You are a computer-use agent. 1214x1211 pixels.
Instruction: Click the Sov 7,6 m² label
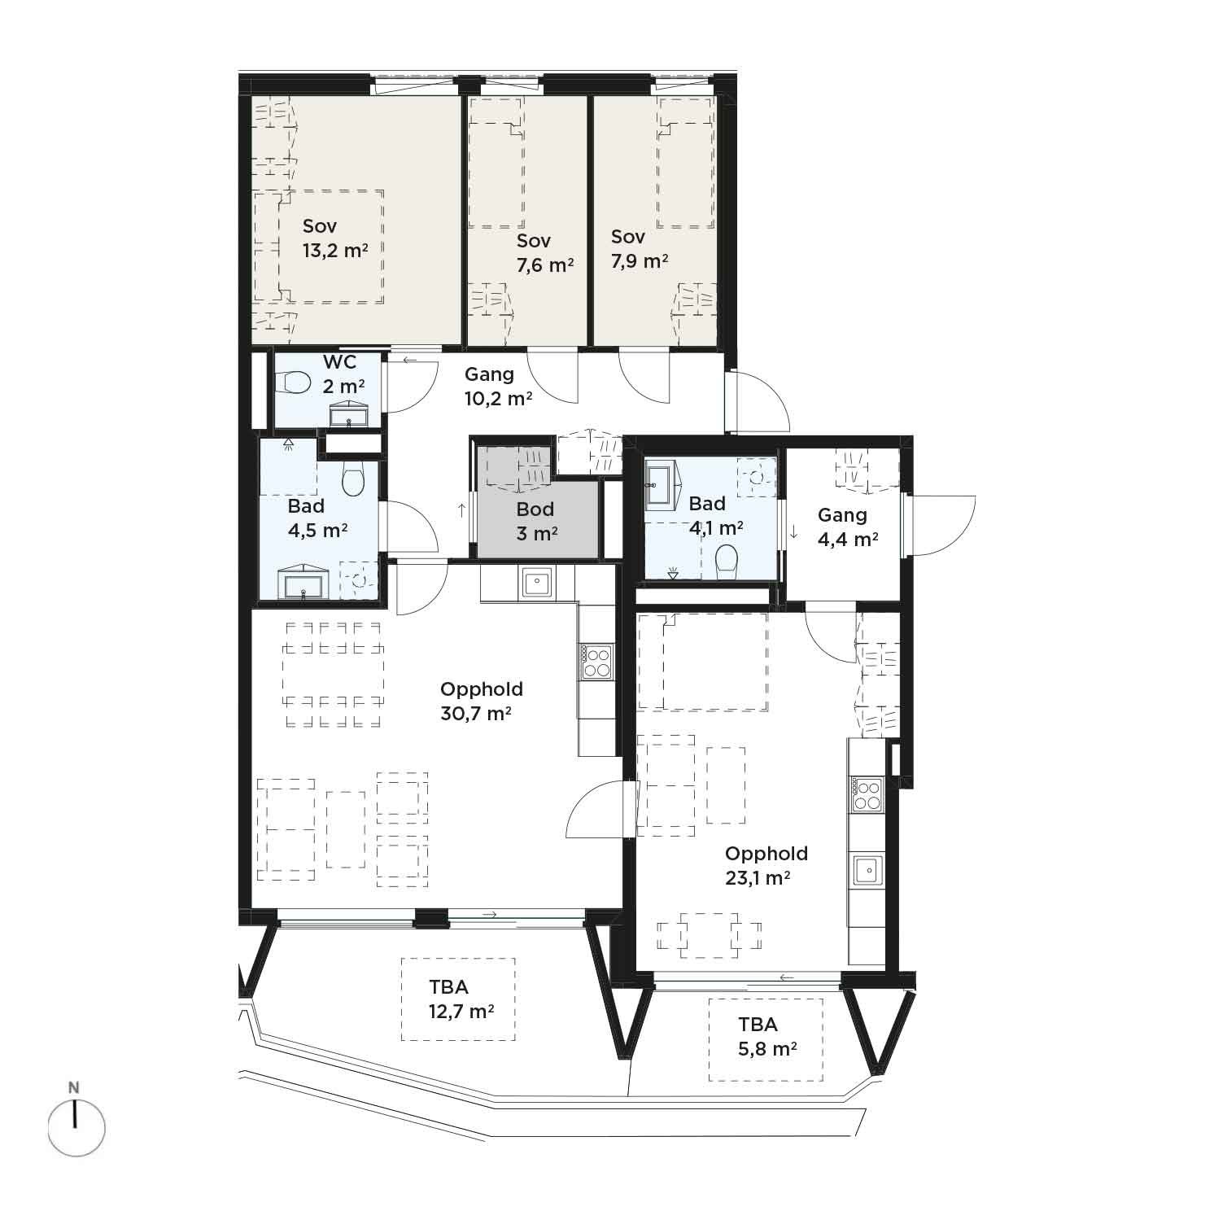tap(545, 253)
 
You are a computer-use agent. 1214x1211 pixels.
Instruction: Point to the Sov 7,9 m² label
tap(640, 249)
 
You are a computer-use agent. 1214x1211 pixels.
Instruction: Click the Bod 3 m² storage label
tap(536, 522)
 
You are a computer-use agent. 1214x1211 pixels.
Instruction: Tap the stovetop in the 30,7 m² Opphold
tap(596, 661)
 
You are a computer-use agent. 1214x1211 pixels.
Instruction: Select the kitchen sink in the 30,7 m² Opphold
tap(536, 583)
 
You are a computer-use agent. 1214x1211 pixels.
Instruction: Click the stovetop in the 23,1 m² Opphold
tap(867, 794)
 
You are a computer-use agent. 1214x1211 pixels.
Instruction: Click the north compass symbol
tap(76, 1128)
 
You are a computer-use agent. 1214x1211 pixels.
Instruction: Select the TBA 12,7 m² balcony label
tap(461, 999)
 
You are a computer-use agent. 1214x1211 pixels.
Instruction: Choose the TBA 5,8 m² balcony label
tap(767, 1037)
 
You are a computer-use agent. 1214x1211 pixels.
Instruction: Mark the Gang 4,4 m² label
tap(847, 527)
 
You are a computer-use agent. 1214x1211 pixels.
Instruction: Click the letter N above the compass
tap(74, 1087)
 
